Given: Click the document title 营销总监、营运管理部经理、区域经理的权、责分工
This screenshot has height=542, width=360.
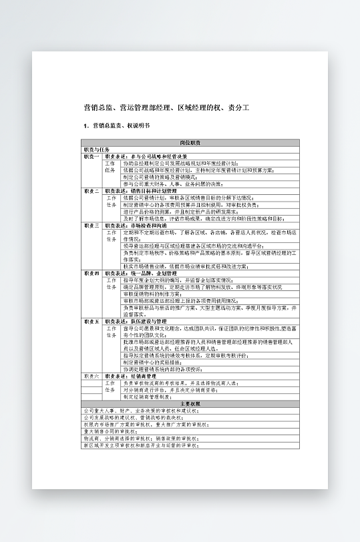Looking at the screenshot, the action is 166,107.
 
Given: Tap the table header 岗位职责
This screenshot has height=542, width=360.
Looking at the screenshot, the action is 190,143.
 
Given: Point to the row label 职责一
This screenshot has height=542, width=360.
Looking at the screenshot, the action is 92,156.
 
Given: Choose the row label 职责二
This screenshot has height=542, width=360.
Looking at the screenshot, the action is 92,191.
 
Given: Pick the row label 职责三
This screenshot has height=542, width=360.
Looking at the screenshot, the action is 92,226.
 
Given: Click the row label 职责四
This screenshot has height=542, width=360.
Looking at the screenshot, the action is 92,273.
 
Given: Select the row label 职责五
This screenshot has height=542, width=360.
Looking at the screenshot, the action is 92,321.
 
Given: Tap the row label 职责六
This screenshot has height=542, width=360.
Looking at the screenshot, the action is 92,376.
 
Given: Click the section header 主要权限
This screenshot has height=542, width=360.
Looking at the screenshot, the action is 190,404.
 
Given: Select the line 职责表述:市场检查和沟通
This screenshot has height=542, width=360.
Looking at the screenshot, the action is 138,226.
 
